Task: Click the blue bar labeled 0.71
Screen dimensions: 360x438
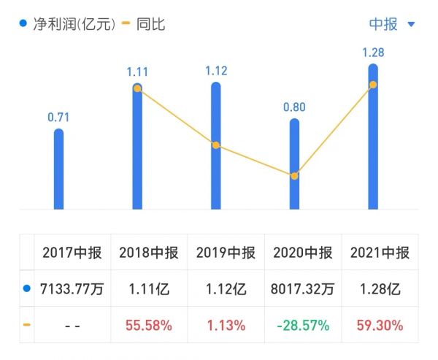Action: click(x=59, y=169)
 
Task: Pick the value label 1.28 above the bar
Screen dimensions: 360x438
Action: click(x=373, y=53)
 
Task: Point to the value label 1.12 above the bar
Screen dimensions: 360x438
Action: click(x=216, y=71)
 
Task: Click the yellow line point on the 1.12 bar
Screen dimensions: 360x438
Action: click(x=216, y=145)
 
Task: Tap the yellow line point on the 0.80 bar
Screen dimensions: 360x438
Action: click(x=294, y=176)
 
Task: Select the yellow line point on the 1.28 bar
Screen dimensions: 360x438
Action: click(x=373, y=85)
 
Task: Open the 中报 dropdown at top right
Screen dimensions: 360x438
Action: click(x=391, y=24)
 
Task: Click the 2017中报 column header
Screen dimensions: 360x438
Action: click(x=72, y=253)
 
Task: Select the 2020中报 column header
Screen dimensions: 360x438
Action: click(x=303, y=253)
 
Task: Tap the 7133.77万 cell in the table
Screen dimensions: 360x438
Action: click(x=72, y=289)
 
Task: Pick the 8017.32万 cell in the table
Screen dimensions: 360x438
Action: click(x=303, y=289)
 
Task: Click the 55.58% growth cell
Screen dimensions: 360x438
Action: click(x=148, y=325)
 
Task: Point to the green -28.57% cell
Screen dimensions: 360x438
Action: click(x=303, y=325)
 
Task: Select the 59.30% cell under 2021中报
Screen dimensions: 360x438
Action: click(x=380, y=325)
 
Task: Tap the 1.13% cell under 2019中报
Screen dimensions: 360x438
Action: click(x=226, y=325)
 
